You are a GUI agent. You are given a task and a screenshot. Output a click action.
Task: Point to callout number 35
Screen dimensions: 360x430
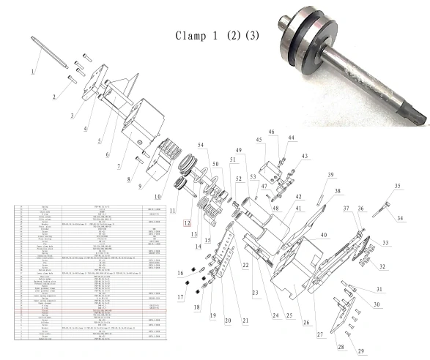tap(398, 187)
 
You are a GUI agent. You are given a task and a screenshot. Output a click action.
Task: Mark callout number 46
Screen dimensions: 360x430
tap(271, 132)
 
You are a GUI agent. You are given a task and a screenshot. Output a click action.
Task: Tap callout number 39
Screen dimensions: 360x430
tap(330, 175)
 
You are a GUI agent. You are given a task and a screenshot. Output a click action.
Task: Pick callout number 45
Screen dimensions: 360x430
tap(259, 140)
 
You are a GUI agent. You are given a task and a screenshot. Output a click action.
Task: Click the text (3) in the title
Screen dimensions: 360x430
tap(251, 36)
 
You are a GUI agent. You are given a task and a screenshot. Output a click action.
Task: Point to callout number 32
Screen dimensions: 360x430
tap(382, 266)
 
